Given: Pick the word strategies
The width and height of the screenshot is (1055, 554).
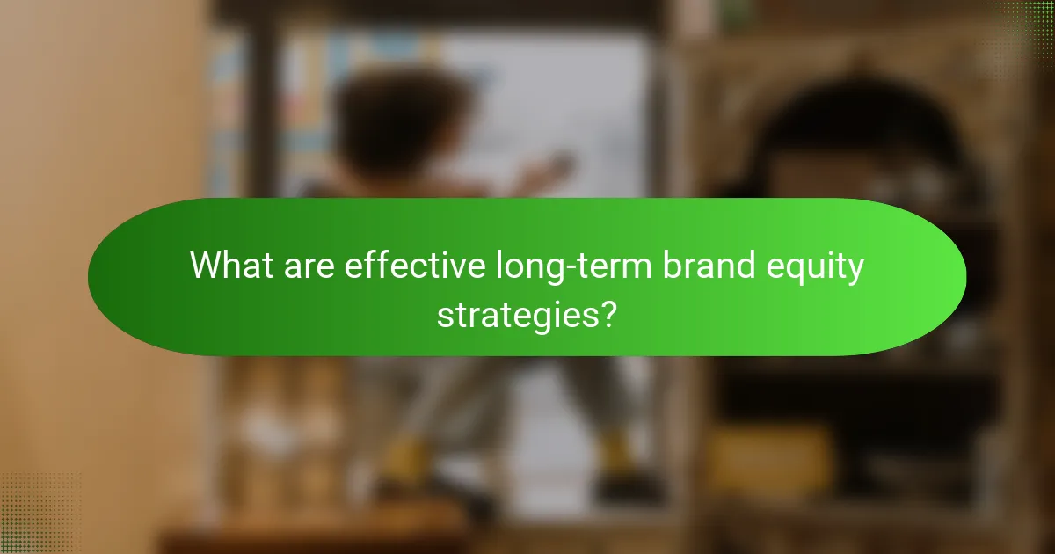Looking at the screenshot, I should click(513, 314).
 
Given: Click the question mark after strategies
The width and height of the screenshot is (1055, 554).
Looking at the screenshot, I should click(604, 313).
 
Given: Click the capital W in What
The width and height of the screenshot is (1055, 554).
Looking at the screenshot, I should click(207, 265).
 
